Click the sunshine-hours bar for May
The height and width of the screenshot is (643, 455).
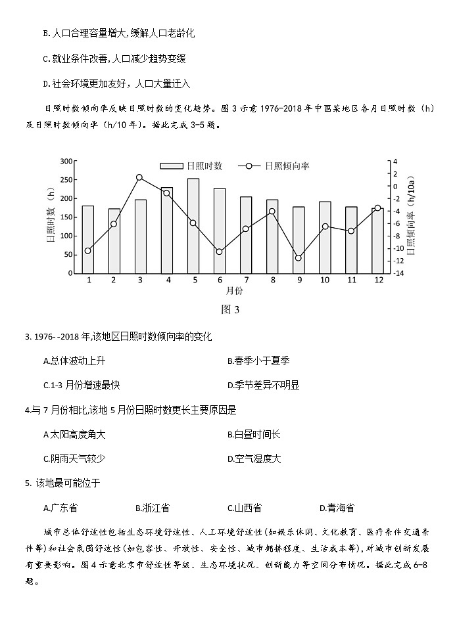coord(193,226)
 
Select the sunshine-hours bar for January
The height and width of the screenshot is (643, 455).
coord(88,240)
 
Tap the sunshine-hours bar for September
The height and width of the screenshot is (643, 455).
coord(299,240)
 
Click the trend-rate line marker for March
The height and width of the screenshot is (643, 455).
coord(139,177)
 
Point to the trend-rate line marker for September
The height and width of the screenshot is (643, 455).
coord(299,258)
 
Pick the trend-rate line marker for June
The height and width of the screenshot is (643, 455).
coord(220,252)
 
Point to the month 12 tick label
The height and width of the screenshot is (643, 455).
coord(378,280)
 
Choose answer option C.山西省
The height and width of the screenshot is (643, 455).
coord(245,508)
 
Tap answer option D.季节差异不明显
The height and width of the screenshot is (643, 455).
coord(263,385)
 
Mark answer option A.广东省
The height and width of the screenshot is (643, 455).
coord(60,508)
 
